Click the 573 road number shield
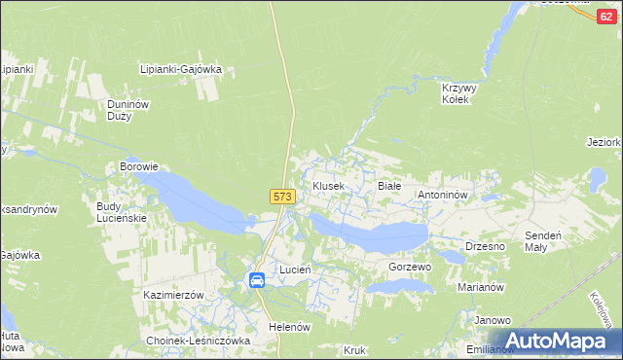click(x=282, y=197)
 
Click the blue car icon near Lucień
click(x=257, y=280)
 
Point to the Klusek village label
click(x=327, y=185)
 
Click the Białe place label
click(x=388, y=185)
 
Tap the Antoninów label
click(x=444, y=195)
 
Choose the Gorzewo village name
click(x=409, y=267)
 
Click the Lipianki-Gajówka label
click(x=182, y=69)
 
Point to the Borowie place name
click(x=138, y=166)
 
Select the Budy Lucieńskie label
click(x=122, y=212)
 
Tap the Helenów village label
click(x=289, y=327)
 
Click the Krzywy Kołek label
click(x=457, y=93)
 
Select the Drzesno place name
click(x=485, y=246)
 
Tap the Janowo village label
click(x=493, y=320)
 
